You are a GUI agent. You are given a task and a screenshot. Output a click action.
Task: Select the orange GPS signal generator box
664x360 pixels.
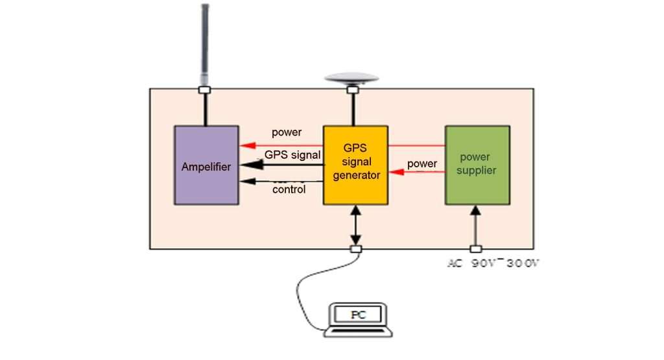tap(355, 165)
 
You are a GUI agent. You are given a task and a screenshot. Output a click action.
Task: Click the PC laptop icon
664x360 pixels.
tap(358, 319)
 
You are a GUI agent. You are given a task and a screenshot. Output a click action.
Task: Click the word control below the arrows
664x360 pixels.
tap(289, 190)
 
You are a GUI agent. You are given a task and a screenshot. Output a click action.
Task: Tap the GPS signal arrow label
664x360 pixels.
tap(292, 155)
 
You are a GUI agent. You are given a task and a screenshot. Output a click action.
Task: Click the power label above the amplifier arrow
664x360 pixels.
tap(287, 132)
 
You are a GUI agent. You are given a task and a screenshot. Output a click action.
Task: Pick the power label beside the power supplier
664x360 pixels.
tap(421, 163)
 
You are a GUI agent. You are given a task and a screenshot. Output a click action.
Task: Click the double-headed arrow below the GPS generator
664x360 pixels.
tap(355, 225)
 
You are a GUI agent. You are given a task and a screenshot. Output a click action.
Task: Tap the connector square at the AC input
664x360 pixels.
tap(476, 249)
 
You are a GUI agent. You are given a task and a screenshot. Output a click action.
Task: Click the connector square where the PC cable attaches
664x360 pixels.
tap(355, 249)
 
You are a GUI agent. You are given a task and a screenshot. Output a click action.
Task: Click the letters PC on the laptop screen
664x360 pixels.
tap(358, 315)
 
